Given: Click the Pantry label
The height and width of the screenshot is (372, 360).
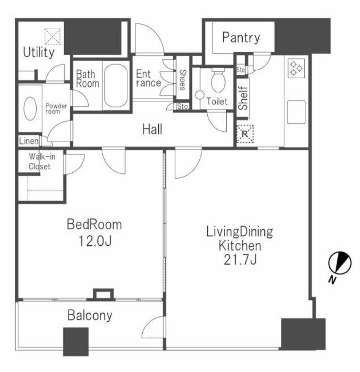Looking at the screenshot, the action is (241, 38).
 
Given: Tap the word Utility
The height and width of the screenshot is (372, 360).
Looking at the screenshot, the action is (39, 52).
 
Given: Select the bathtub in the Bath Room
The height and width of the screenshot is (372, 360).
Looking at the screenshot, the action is (115, 86).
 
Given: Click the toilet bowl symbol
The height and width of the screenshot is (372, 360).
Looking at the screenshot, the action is (218, 81).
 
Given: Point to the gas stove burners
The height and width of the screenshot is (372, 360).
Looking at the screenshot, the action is (296, 68).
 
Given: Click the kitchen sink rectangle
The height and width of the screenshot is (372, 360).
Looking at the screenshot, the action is (296, 112).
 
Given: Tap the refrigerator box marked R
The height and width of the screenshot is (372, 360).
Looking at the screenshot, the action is (245, 134).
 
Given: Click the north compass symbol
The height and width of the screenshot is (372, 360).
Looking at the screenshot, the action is (340, 263).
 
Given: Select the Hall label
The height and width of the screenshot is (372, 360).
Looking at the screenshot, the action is (152, 129).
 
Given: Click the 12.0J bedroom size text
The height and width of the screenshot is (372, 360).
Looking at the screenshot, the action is (95, 242).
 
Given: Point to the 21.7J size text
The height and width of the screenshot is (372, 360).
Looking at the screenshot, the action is (240, 260).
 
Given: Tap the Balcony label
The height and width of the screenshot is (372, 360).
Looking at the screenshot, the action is (90, 315).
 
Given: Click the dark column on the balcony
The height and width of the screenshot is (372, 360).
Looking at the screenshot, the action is (76, 342).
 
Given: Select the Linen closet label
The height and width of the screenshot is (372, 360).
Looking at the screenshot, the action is (29, 141).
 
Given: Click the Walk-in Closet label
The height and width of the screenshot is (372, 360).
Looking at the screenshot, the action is (41, 162).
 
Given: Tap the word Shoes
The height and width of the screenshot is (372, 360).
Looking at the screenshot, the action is (183, 80).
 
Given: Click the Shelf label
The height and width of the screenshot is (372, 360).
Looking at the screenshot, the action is (243, 98).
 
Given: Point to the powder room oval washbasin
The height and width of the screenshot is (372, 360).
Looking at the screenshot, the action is (30, 108).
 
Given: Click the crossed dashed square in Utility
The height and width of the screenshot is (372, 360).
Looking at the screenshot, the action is (52, 37).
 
